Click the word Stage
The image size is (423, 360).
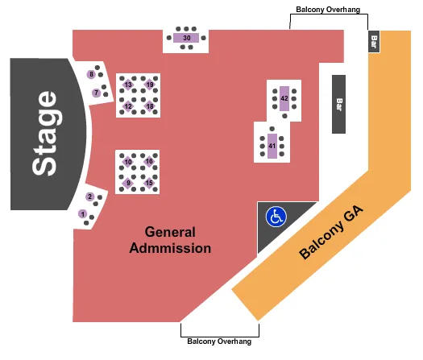click(45, 133)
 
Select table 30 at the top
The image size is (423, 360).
click(186, 38)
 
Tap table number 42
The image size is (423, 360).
click(284, 98)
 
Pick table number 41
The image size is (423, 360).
click(272, 146)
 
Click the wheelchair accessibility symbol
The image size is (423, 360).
click(276, 217)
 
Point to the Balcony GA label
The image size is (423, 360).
click(331, 233)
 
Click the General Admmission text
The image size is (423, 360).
click(170, 239)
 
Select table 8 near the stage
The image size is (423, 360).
click(92, 75)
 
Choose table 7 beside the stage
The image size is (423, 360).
click(96, 93)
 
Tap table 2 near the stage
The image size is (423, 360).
click(90, 197)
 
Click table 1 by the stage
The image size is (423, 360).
click(83, 213)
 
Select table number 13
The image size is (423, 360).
click(128, 85)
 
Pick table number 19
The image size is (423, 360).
click(150, 85)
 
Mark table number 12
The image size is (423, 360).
click(128, 106)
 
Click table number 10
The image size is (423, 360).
click(128, 162)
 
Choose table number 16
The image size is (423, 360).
click(149, 162)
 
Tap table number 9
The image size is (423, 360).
click(128, 184)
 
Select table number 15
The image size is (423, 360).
click(149, 184)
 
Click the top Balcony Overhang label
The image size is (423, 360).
click(327, 10)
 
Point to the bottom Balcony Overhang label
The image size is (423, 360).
click(219, 341)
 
